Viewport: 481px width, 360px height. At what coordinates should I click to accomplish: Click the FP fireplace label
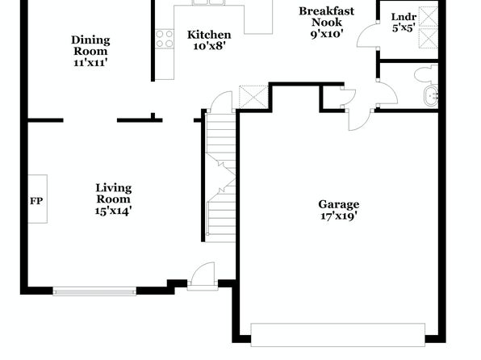pos(36,201)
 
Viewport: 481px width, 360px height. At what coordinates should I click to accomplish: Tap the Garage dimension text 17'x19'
pos(339,216)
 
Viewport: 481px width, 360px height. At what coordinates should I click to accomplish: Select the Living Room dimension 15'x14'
pos(114,211)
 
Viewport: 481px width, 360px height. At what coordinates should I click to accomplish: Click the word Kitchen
pos(209,35)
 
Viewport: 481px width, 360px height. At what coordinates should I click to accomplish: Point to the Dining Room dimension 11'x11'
pos(91,62)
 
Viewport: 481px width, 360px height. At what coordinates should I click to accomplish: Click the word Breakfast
pos(327,11)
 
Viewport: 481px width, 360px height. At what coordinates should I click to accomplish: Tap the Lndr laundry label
pos(404,17)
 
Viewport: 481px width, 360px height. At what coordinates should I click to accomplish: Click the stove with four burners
pos(165,39)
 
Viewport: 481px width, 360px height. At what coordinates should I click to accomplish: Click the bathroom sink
pos(431,97)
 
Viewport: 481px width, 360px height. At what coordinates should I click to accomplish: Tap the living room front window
pos(94,291)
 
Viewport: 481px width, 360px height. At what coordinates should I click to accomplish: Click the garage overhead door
pos(338,334)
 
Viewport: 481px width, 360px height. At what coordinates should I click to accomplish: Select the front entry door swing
pos(203,275)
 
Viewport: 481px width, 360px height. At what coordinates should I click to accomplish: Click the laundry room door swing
pos(368,36)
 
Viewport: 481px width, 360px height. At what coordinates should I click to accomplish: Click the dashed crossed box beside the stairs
pos(253,97)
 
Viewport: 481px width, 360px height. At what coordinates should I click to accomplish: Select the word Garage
pos(339,204)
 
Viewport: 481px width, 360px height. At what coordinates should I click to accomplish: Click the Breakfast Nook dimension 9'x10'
pos(327,34)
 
